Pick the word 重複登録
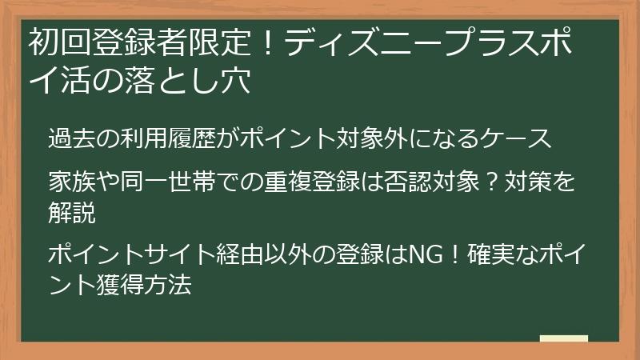click(x=330, y=184)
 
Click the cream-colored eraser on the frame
click(x=564, y=338)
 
